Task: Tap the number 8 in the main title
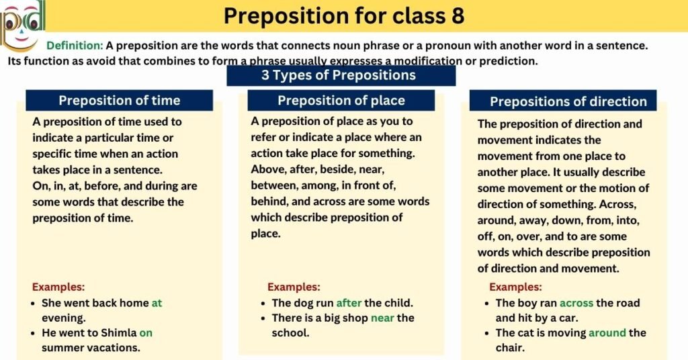click(x=457, y=15)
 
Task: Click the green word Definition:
click(x=75, y=46)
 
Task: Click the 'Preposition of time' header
click(x=119, y=101)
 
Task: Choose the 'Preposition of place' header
click(x=341, y=101)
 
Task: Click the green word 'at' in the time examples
click(x=157, y=303)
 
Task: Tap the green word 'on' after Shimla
click(x=146, y=332)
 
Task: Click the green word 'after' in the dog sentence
click(x=349, y=303)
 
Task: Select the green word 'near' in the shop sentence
click(x=382, y=318)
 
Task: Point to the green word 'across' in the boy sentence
click(x=577, y=303)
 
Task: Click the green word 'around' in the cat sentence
click(x=607, y=332)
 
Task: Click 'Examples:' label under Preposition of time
click(x=58, y=286)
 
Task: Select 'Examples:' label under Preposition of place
click(x=294, y=287)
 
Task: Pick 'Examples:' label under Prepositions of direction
click(x=515, y=287)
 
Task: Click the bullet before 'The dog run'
click(x=261, y=304)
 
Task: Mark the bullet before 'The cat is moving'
click(x=486, y=333)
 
